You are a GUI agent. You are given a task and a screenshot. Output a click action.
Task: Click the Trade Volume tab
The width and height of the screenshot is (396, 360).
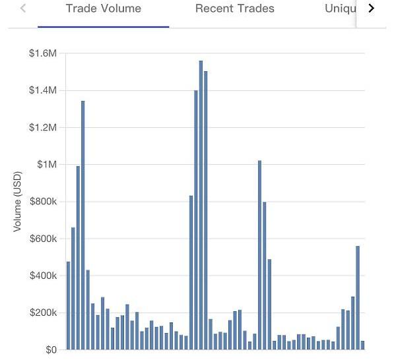[x=103, y=9]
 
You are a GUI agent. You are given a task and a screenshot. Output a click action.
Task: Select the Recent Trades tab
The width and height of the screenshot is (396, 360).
[x=234, y=9]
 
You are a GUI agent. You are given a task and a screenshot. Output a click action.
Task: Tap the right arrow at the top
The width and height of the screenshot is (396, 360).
[x=371, y=9]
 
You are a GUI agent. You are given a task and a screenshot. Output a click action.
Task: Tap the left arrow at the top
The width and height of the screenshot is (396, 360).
[x=24, y=9]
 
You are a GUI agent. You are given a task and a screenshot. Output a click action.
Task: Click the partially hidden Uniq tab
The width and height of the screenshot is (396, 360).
[x=340, y=9]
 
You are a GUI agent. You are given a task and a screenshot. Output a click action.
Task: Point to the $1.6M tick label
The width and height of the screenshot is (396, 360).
[x=43, y=53]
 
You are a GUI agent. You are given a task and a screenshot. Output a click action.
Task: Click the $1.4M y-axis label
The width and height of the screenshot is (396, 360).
[x=43, y=90]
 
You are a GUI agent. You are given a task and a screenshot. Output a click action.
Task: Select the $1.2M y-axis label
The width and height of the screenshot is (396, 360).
[x=43, y=127]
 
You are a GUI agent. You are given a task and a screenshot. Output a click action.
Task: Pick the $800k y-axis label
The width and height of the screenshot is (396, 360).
[x=44, y=202]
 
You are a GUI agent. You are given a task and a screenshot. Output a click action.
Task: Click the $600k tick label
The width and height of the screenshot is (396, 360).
[x=44, y=239]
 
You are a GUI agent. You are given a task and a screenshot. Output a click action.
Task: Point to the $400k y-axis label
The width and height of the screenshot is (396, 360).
[x=44, y=276]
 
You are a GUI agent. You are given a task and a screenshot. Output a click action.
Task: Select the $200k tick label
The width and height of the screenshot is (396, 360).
[x=44, y=313]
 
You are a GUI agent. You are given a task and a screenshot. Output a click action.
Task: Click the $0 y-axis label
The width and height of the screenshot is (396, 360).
[x=51, y=349]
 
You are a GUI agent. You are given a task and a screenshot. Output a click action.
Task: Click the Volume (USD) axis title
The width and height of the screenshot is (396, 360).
[x=18, y=202]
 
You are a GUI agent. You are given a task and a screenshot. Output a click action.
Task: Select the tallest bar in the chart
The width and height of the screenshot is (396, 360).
[x=201, y=204]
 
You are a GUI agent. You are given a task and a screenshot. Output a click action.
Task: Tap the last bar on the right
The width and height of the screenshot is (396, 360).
[x=362, y=345]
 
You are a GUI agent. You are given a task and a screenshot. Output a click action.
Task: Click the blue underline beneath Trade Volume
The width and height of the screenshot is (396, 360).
[x=103, y=26]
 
